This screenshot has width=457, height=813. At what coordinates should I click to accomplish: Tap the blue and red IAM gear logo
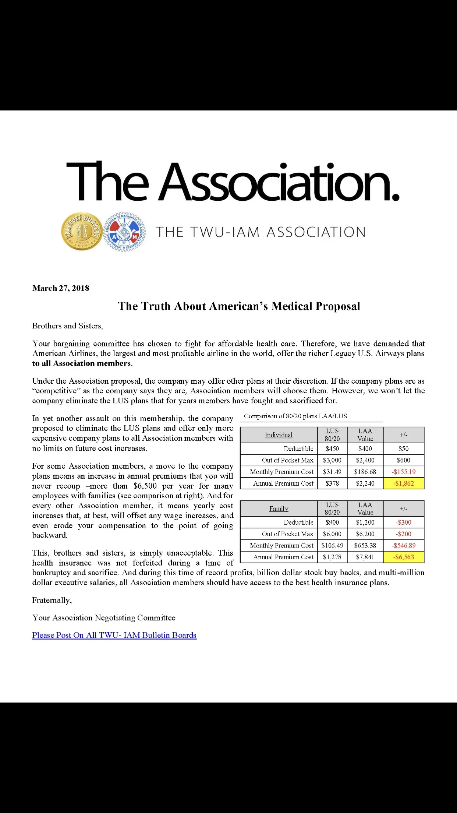[x=125, y=232]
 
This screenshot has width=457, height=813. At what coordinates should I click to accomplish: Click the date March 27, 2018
[x=61, y=288]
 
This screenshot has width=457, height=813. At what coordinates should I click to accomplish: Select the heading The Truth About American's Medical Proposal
[x=239, y=306]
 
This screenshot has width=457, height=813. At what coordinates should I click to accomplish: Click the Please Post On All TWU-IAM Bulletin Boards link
[x=114, y=635]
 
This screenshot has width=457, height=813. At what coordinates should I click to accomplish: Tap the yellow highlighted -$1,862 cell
[x=404, y=483]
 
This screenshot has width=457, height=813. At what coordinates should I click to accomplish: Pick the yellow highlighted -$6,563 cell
[x=404, y=557]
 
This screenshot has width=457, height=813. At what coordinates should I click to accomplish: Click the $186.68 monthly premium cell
[x=365, y=472]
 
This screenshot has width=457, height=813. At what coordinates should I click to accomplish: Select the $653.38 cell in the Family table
[x=365, y=545]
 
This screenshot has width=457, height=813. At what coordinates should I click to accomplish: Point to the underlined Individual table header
[x=279, y=435]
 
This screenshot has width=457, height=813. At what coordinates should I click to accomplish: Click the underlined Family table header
[x=279, y=508]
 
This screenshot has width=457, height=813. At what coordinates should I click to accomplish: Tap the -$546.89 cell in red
[x=404, y=545]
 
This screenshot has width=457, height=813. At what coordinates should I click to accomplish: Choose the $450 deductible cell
[x=332, y=448]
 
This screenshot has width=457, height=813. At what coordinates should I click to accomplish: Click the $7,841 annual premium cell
[x=365, y=557]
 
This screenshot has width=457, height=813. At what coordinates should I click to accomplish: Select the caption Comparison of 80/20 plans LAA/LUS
[x=295, y=416]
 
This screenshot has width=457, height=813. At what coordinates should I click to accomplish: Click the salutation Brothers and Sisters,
[x=68, y=326]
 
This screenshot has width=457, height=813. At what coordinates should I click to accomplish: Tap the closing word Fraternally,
[x=52, y=600]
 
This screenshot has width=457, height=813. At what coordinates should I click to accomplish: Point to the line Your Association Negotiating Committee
[x=104, y=617]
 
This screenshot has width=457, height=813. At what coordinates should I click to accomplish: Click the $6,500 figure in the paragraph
[x=145, y=486]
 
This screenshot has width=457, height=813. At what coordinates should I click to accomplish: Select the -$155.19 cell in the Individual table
[x=404, y=472]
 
